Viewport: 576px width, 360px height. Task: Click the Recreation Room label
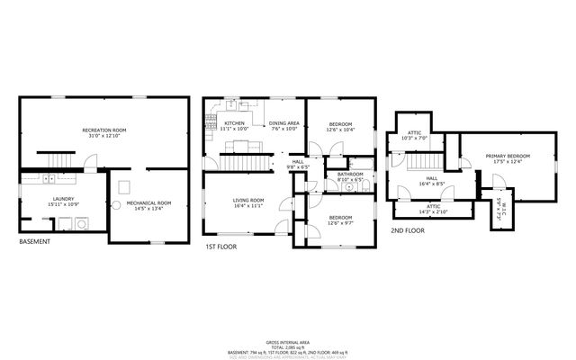104,130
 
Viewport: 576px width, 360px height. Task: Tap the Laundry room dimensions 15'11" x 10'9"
63,204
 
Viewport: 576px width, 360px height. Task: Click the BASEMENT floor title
35,241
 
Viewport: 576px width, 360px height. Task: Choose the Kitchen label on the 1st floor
234,123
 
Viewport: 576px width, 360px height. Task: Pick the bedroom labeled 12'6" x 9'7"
339,218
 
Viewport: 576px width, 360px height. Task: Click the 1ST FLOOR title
220,245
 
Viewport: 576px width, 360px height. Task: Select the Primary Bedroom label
508,157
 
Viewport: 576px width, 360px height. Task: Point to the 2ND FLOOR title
407,230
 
